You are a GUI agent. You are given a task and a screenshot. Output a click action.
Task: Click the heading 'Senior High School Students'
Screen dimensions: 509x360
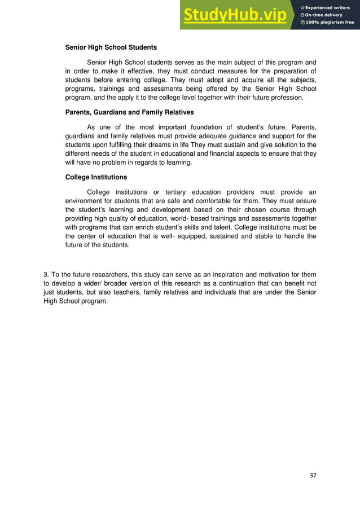[111, 47]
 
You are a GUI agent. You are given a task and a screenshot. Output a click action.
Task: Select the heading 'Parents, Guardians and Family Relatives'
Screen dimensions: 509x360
[129, 112]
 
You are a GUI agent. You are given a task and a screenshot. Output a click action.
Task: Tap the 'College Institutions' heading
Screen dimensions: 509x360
[96, 177]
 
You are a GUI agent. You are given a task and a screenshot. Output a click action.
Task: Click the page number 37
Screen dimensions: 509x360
[313, 475]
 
